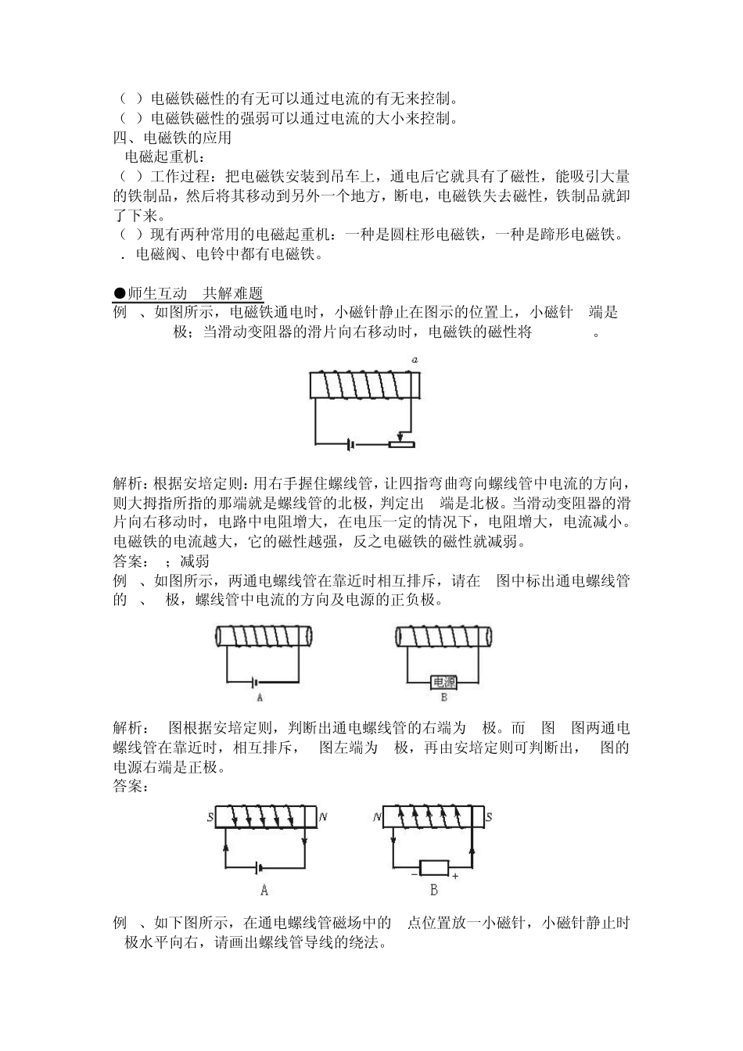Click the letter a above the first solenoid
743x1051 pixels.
(415, 360)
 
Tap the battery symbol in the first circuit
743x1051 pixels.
(351, 444)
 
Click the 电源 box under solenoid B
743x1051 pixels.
(443, 682)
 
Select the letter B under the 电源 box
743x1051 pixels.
(443, 698)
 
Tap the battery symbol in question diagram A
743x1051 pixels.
(257, 681)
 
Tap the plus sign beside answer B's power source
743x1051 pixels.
(455, 877)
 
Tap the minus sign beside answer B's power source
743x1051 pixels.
(414, 875)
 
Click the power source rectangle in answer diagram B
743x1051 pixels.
(434, 867)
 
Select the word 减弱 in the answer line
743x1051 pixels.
(195, 561)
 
